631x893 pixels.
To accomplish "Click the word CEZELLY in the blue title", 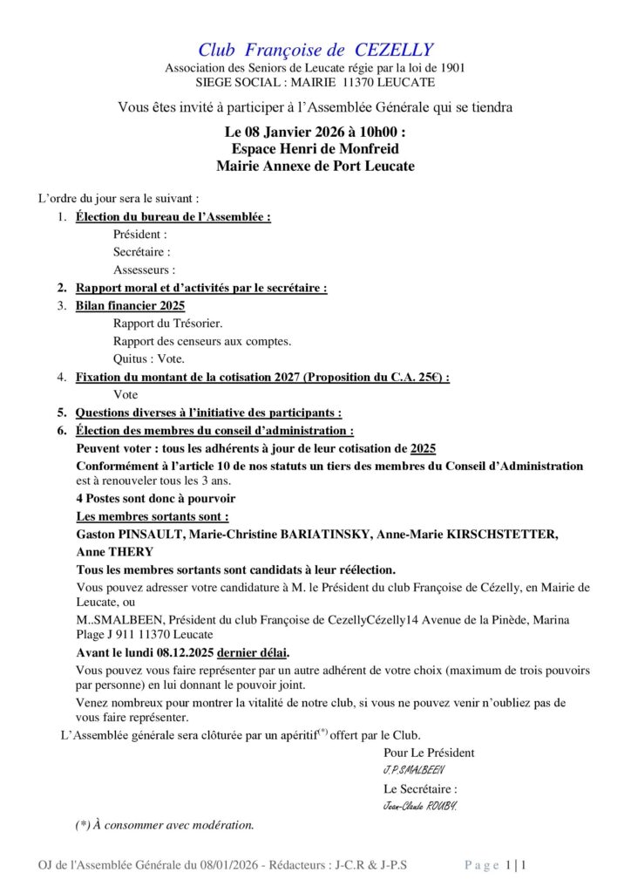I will pos(390,51).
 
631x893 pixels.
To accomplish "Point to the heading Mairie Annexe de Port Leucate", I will pos(315,166).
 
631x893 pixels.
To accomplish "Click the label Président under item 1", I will pos(139,235).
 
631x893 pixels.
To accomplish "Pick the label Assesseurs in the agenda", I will pos(144,270).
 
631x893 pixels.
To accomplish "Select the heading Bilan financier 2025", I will pos(130,306).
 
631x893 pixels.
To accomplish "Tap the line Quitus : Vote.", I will pos(149,358).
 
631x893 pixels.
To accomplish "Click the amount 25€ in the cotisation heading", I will pos(429,377).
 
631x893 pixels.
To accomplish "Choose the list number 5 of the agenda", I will pos(62,412).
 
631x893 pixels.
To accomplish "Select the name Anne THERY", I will pos(114,551).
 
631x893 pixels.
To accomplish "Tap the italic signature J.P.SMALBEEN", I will pos(415,771).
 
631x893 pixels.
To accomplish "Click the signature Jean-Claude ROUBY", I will pos(420,806).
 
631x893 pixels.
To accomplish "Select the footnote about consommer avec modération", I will pos(165,824).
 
